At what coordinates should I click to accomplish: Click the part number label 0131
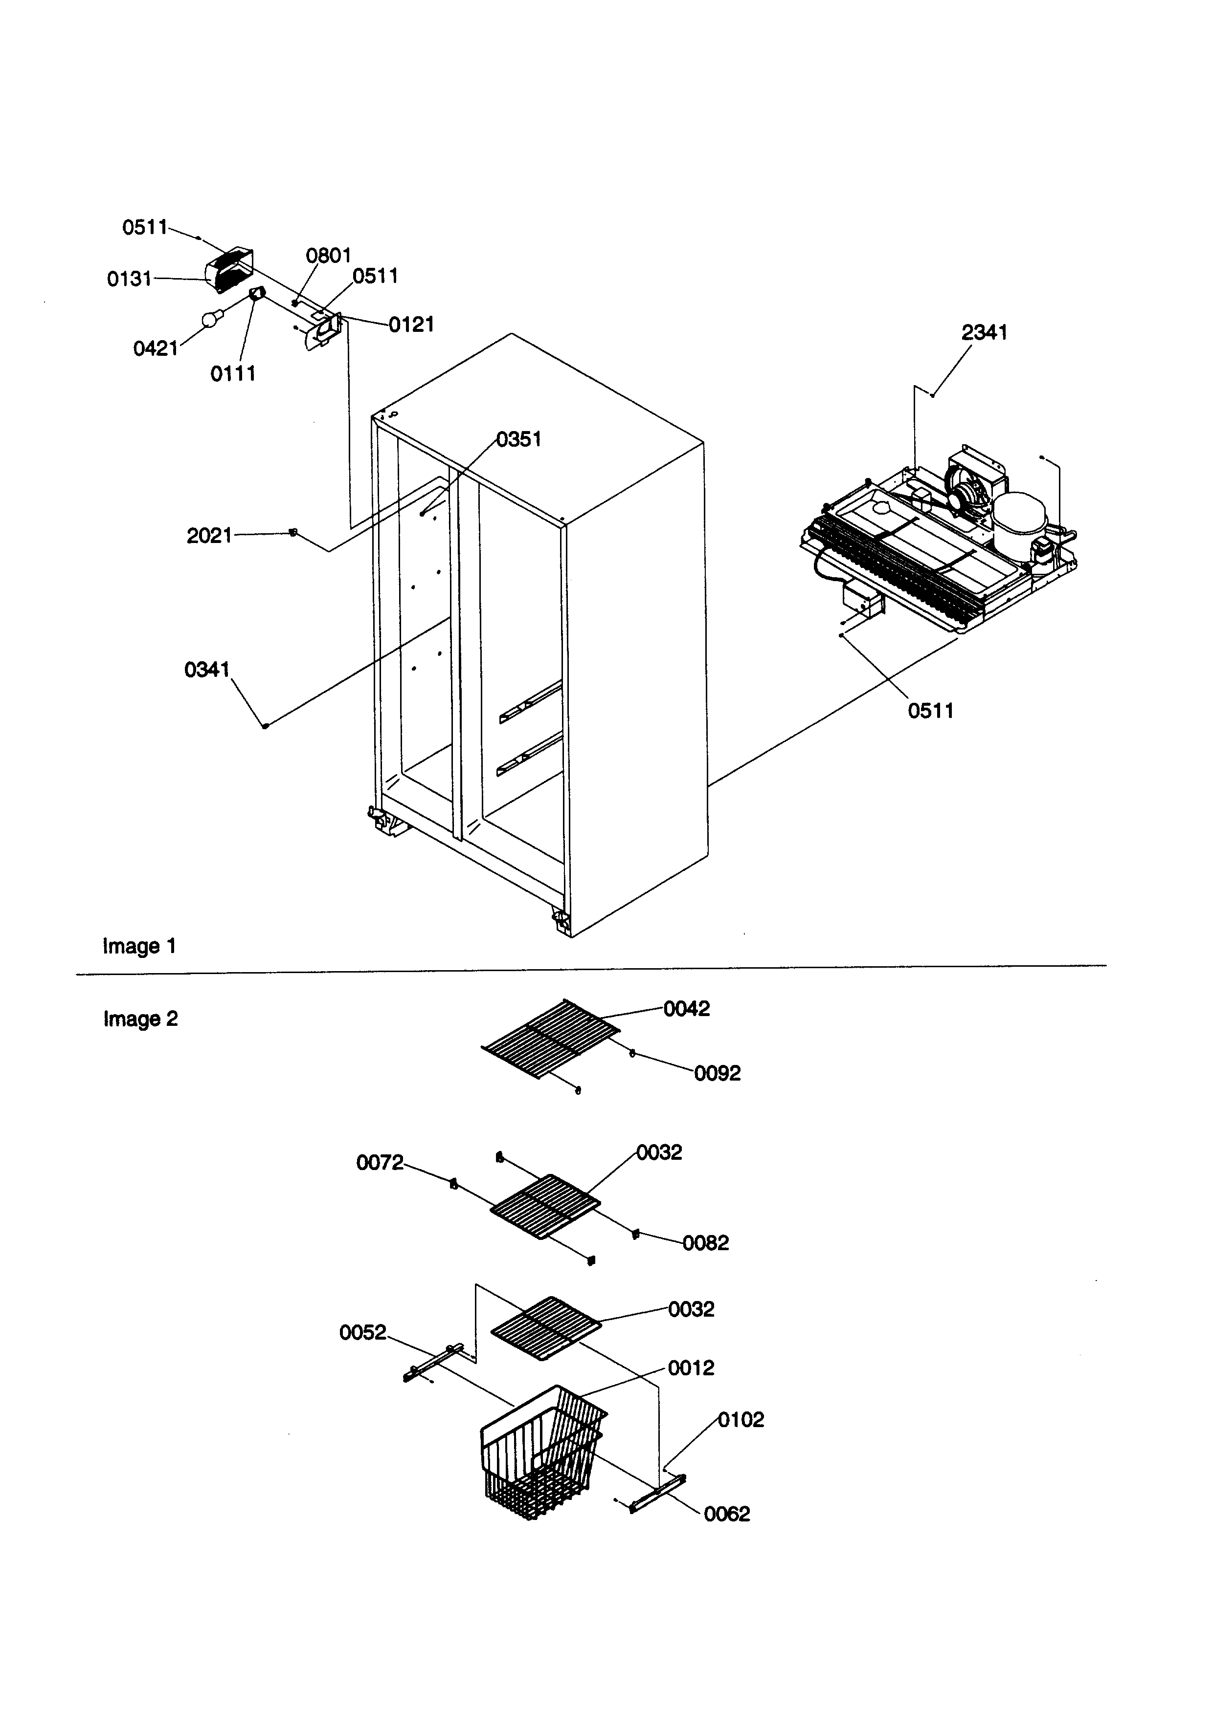[129, 279]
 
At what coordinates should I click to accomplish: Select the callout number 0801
[329, 256]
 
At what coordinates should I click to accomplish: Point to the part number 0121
[411, 325]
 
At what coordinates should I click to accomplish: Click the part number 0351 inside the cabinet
[518, 440]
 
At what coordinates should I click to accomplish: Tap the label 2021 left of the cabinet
[209, 536]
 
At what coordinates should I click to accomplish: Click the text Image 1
[140, 947]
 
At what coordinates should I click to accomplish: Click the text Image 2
[140, 1019]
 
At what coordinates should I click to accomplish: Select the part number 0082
[705, 1243]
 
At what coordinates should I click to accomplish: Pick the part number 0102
[741, 1420]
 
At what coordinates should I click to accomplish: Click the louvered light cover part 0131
[228, 270]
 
